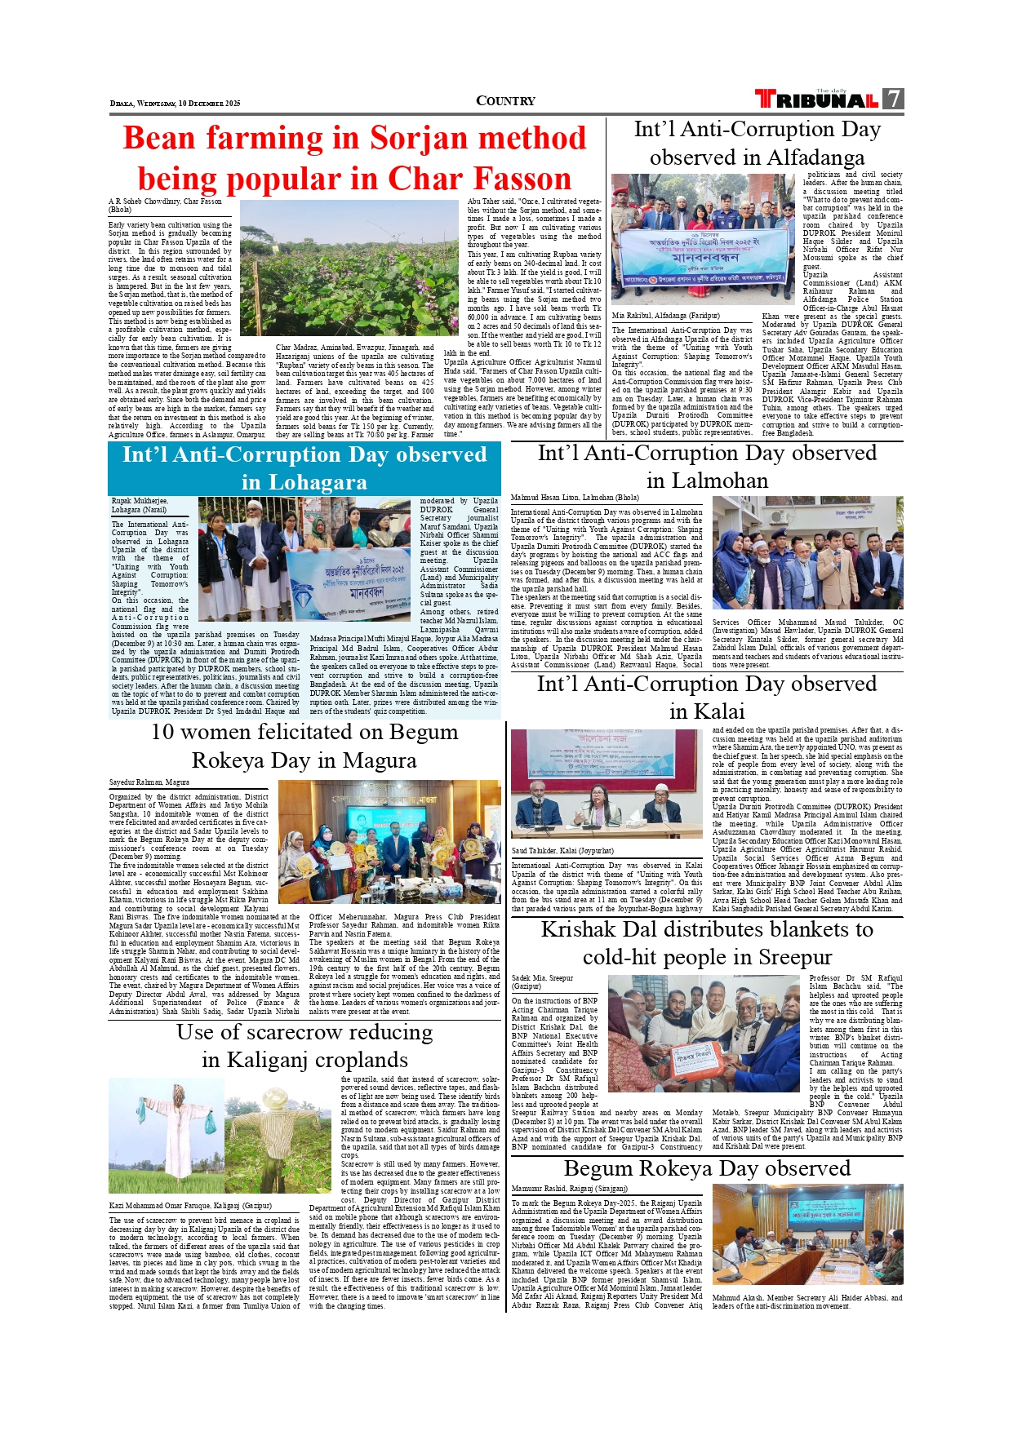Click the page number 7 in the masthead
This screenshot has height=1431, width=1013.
(894, 100)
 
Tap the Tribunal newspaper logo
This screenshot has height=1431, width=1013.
(817, 100)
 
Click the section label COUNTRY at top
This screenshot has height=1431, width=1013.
(505, 101)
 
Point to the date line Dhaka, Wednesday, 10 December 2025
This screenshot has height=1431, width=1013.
(175, 104)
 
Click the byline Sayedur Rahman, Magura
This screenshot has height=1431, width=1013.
(149, 782)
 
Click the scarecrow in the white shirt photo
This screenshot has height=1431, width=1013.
(167, 1135)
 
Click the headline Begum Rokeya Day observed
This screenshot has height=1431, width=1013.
(707, 1168)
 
